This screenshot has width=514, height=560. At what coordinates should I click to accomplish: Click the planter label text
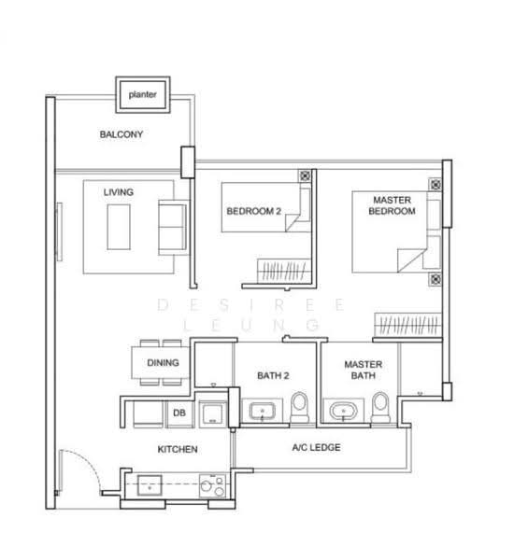click(142, 94)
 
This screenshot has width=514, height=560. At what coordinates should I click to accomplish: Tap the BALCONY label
click(121, 134)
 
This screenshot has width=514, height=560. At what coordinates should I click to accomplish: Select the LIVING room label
click(119, 192)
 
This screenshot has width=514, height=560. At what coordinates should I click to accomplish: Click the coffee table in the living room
click(119, 227)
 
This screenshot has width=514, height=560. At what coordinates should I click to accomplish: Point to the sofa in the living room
click(173, 228)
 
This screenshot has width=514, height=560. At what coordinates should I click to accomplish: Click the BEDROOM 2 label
click(253, 211)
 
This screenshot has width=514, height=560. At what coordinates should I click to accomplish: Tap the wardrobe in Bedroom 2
click(284, 271)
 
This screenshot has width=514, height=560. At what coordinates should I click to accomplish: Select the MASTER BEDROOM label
click(392, 205)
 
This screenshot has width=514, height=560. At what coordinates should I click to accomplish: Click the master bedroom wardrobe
click(408, 325)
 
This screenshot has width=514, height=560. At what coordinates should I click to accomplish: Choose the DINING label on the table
click(163, 363)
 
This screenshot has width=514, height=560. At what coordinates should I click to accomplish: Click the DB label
click(179, 413)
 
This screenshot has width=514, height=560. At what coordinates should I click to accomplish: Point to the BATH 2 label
click(273, 376)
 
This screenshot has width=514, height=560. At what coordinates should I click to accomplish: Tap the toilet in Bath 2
click(299, 408)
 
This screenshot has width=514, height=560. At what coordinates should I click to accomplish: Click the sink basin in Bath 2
click(263, 411)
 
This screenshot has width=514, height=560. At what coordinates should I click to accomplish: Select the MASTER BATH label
click(363, 370)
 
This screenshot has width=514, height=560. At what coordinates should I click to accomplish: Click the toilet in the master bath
click(380, 408)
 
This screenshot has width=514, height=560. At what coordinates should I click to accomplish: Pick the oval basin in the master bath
click(343, 411)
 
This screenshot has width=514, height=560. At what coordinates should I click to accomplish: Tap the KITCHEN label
click(178, 449)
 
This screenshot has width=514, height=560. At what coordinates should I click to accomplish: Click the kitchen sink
click(150, 485)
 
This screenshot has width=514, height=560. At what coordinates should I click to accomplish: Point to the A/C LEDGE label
click(316, 447)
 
